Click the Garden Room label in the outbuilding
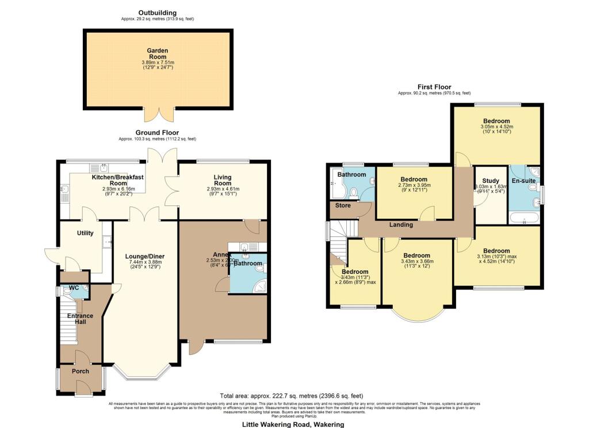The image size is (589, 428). tap(157, 54)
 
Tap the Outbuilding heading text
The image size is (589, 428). tap(157, 13)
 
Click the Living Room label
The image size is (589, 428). tap(223, 179)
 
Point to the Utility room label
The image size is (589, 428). tap(86, 233)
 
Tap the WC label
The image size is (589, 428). tap(74, 288)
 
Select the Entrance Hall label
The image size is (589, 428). tap(81, 319)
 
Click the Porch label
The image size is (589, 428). tap(81, 371)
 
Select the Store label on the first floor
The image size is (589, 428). tap(343, 205)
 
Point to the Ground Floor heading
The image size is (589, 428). tap(157, 132)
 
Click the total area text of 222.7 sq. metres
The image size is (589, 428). tap(292, 396)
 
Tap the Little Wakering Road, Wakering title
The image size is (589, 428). tap(293, 425)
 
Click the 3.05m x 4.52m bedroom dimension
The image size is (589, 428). tap(496, 127)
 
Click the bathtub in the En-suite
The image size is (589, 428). tap(524, 217)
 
